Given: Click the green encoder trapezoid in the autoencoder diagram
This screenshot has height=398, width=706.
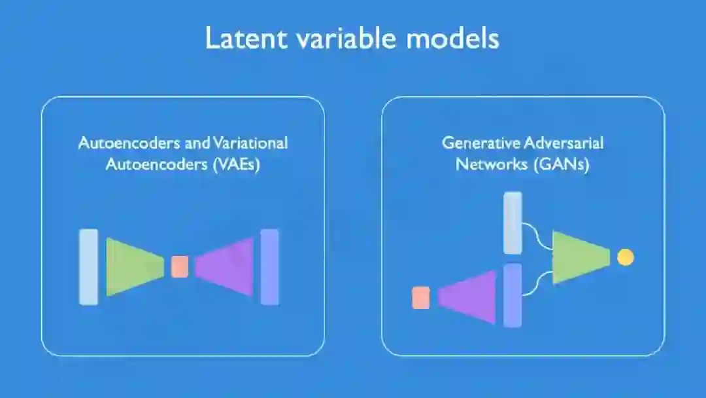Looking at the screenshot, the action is [132, 266].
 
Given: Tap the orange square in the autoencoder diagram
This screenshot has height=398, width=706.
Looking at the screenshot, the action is [180, 266].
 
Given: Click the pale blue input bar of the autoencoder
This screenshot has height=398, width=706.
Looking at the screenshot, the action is [88, 266].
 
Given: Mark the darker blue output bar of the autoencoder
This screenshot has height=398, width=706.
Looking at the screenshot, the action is [269, 266].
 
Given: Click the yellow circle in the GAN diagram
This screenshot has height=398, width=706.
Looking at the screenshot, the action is [626, 257].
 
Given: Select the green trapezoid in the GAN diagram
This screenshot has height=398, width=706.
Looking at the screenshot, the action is [579, 257].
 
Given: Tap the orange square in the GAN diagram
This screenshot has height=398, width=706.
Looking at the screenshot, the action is [421, 297].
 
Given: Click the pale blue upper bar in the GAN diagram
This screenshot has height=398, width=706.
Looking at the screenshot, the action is [513, 223].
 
